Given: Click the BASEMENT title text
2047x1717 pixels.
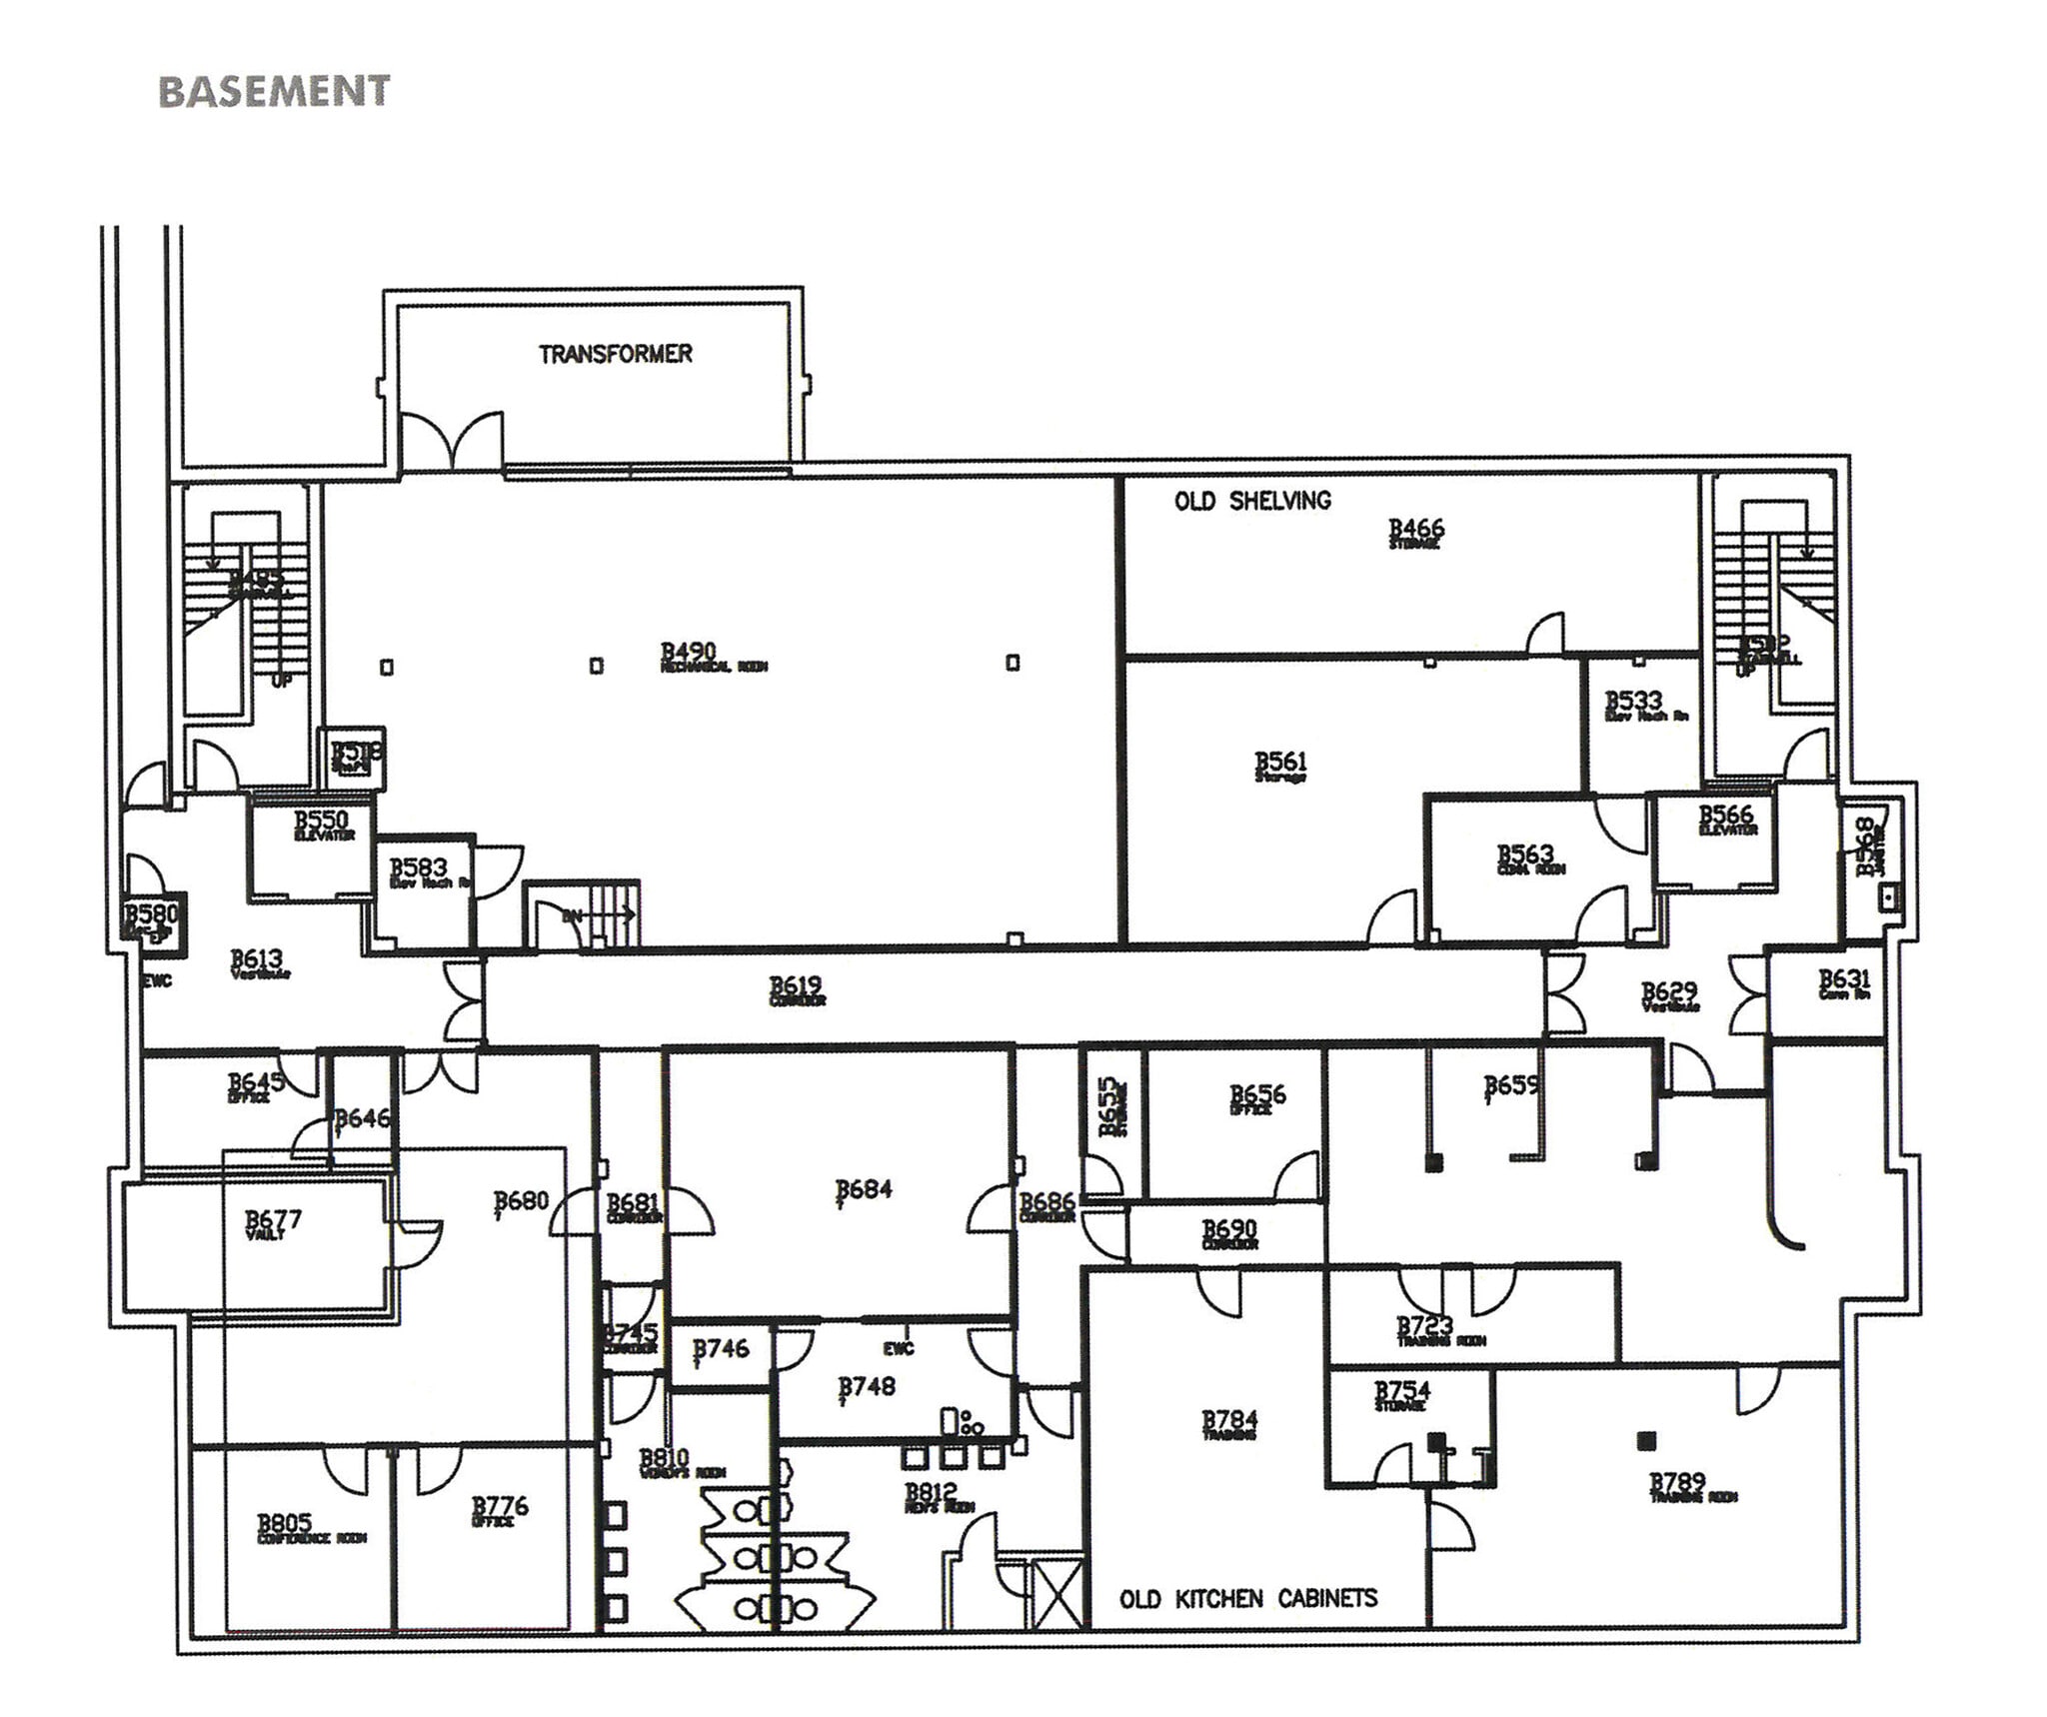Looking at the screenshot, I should pyautogui.click(x=274, y=91).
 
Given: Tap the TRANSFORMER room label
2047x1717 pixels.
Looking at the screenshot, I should pyautogui.click(x=615, y=354).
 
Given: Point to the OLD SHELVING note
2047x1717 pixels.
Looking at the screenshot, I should pyautogui.click(x=1252, y=501).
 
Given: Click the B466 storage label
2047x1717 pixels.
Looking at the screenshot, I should pyautogui.click(x=1416, y=532).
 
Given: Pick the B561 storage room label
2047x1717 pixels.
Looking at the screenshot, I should pyautogui.click(x=1280, y=767).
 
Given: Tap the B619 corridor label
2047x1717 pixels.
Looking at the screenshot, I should pyautogui.click(x=796, y=990).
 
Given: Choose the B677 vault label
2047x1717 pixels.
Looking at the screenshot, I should pyautogui.click(x=272, y=1223).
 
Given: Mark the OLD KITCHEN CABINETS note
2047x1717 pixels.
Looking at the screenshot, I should pyautogui.click(x=1247, y=1598).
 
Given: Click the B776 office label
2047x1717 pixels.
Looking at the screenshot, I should pyautogui.click(x=499, y=1509).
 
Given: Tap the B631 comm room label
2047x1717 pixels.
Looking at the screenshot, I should pyautogui.click(x=1843, y=983).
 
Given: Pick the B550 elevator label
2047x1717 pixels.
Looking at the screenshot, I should pyautogui.click(x=322, y=825).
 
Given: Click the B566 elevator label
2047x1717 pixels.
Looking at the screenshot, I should pyautogui.click(x=1726, y=820).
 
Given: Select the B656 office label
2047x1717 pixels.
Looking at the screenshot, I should pyautogui.click(x=1256, y=1098).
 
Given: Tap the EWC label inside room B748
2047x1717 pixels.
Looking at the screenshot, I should pyautogui.click(x=898, y=1348).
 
